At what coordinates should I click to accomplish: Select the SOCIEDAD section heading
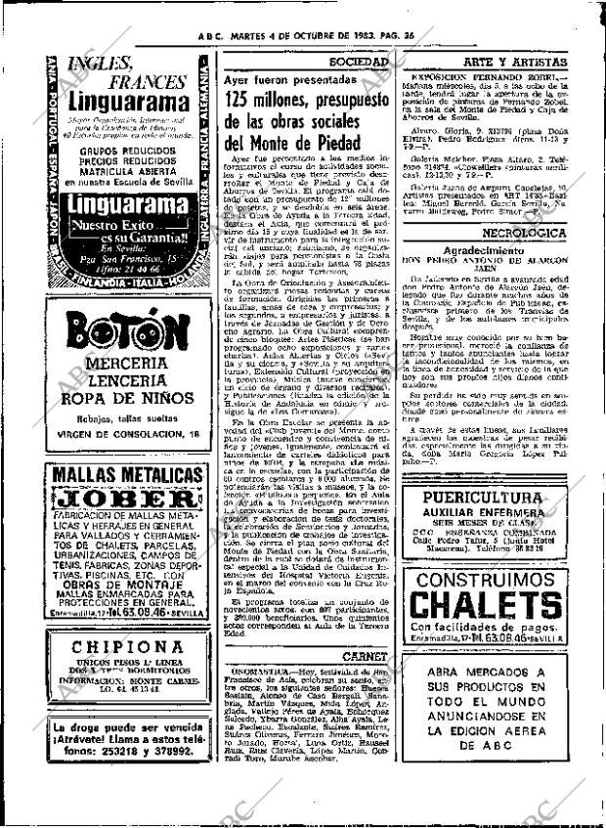pos(370,61)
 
